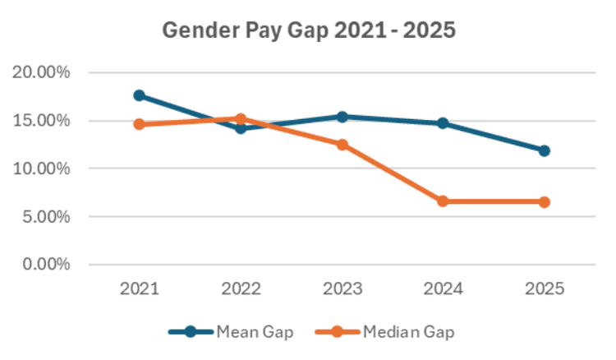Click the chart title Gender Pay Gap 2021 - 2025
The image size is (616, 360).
click(308, 30)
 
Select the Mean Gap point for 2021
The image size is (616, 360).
click(139, 95)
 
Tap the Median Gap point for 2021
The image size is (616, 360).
click(139, 124)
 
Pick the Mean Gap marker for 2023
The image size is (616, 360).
click(342, 117)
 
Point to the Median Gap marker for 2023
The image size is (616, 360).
click(342, 145)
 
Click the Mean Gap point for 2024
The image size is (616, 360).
click(443, 123)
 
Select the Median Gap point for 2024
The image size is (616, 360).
click(443, 201)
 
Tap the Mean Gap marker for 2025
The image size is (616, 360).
click(544, 150)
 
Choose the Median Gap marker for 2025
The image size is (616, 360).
click(544, 202)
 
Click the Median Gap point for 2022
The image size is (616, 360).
click(241, 118)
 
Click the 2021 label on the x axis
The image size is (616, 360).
click(139, 288)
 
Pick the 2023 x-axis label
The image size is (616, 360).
click(342, 288)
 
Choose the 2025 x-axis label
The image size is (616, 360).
click(544, 288)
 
